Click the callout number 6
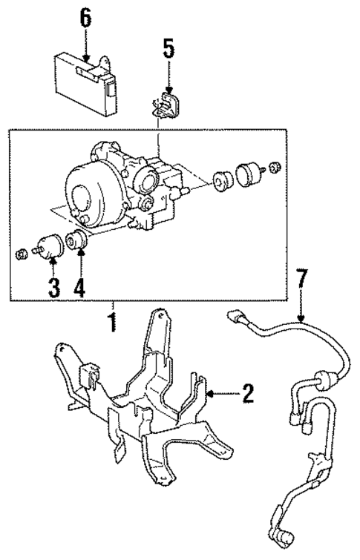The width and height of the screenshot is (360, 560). coord(86,19)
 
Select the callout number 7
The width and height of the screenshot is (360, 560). coord(301,281)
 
